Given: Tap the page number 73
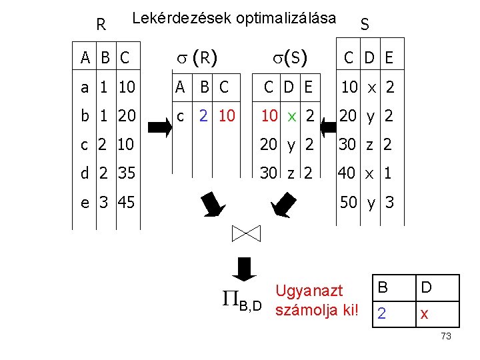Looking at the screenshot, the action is click(446, 337).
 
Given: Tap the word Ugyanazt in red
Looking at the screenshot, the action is click(309, 291).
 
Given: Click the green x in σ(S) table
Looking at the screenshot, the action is click(291, 116).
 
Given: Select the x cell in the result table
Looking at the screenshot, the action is click(424, 313).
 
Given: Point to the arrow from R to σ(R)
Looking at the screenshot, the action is click(158, 124).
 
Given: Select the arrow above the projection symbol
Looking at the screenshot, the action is click(247, 268).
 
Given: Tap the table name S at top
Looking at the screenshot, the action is click(365, 25).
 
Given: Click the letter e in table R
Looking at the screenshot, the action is click(85, 201).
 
